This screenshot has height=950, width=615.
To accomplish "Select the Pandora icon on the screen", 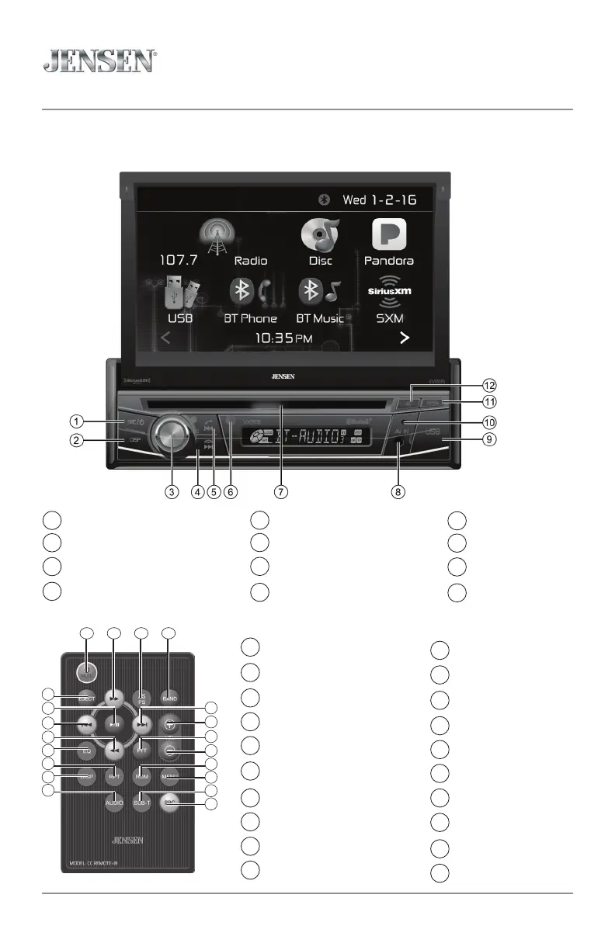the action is (389, 234).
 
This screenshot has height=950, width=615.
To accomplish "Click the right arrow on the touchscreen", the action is (404, 338).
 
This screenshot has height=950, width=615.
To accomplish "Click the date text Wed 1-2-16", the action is (380, 199).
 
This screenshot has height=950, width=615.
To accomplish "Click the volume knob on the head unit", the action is (171, 432).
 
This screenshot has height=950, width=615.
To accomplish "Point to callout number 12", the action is (488, 385).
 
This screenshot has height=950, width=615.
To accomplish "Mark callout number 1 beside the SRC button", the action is (75, 421).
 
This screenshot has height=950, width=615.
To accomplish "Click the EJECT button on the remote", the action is (86, 699).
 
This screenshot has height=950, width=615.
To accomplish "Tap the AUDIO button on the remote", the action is (114, 804).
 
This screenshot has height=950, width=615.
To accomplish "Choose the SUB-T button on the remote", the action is (141, 804).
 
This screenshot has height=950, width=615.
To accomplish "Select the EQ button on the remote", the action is (88, 751).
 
